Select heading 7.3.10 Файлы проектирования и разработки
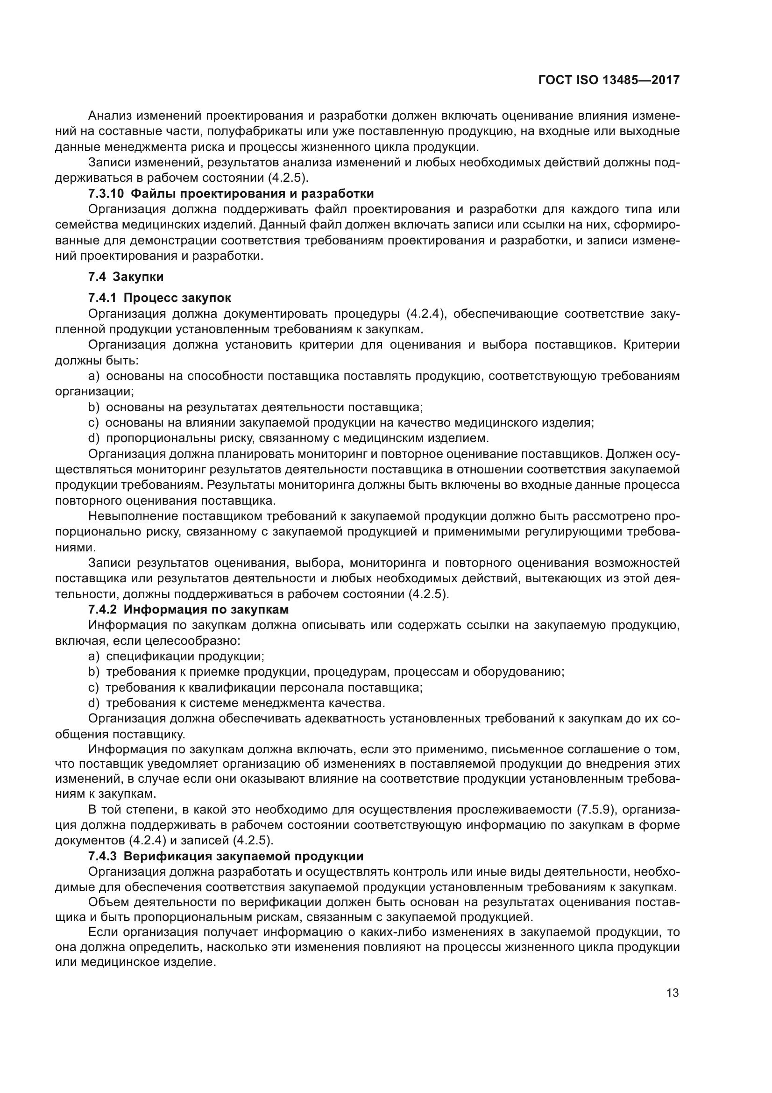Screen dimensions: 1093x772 (x=231, y=194)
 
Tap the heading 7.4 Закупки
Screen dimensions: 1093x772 (x=126, y=277)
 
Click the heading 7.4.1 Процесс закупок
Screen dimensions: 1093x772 (x=159, y=298)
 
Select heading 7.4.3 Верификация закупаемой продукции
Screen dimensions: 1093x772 (x=226, y=856)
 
